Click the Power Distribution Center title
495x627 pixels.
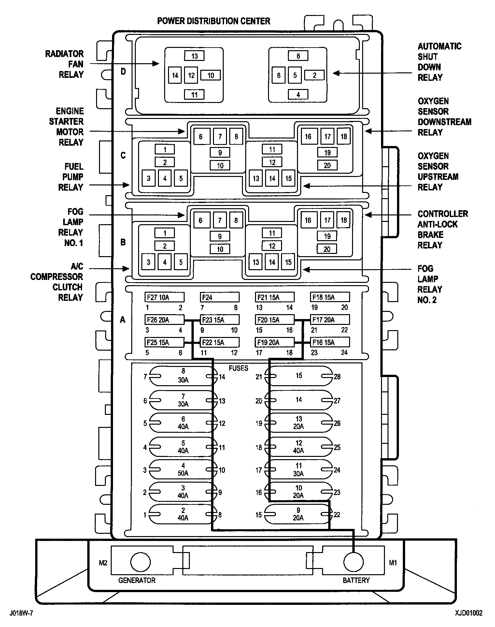(x=214, y=21)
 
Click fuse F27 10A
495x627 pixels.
(x=164, y=297)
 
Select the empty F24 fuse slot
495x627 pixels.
(x=219, y=297)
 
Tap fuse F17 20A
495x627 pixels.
(x=330, y=320)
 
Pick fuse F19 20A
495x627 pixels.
(x=275, y=342)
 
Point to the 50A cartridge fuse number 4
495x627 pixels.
(x=183, y=470)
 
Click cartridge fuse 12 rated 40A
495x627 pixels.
(x=299, y=447)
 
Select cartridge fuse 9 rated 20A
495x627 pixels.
(x=298, y=514)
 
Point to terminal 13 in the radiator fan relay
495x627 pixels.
(x=194, y=56)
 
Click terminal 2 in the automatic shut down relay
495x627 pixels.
(x=314, y=75)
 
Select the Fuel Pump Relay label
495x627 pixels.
(x=71, y=177)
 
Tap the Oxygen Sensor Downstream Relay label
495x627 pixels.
(x=444, y=117)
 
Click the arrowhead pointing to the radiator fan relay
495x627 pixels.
(x=156, y=64)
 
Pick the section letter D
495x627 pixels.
(x=123, y=71)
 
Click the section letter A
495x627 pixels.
(x=122, y=320)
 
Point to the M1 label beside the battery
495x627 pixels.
(x=393, y=563)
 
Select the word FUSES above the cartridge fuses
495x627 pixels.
(x=238, y=368)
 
